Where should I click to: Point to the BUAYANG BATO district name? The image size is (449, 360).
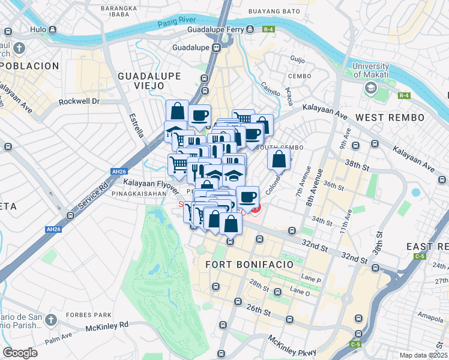273,11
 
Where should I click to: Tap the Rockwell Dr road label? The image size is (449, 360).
79,101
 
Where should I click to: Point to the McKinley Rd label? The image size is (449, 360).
107,325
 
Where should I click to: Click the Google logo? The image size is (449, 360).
20,352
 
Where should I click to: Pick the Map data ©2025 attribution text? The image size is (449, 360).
423,355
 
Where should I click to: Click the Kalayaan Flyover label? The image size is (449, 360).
151,182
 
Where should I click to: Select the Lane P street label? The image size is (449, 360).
312,279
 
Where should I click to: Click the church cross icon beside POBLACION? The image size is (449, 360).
20,47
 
